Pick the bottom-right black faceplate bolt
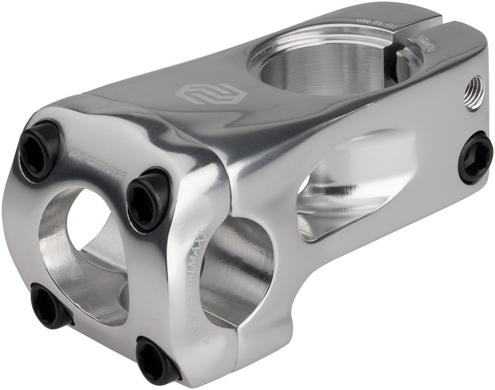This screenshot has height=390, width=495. tap(156, 359)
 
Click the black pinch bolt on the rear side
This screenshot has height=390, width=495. tap(476, 158)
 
